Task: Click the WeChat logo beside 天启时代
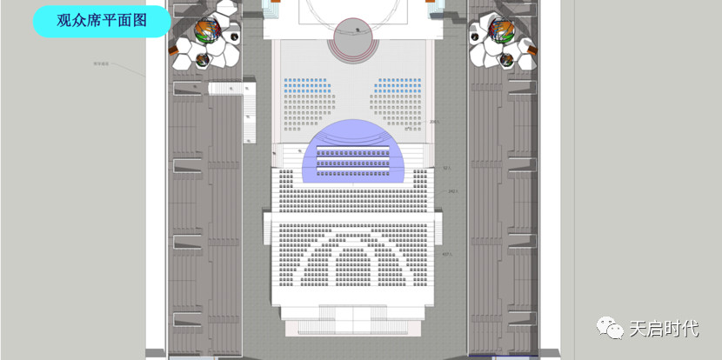[x=608, y=329]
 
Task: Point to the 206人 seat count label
[x=434, y=123]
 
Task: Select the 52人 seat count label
[x=445, y=168]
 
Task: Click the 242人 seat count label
[x=452, y=191]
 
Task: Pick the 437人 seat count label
[x=446, y=254]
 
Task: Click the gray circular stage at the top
[x=356, y=38]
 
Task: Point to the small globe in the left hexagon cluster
[x=202, y=60]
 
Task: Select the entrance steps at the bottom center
[x=353, y=317]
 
